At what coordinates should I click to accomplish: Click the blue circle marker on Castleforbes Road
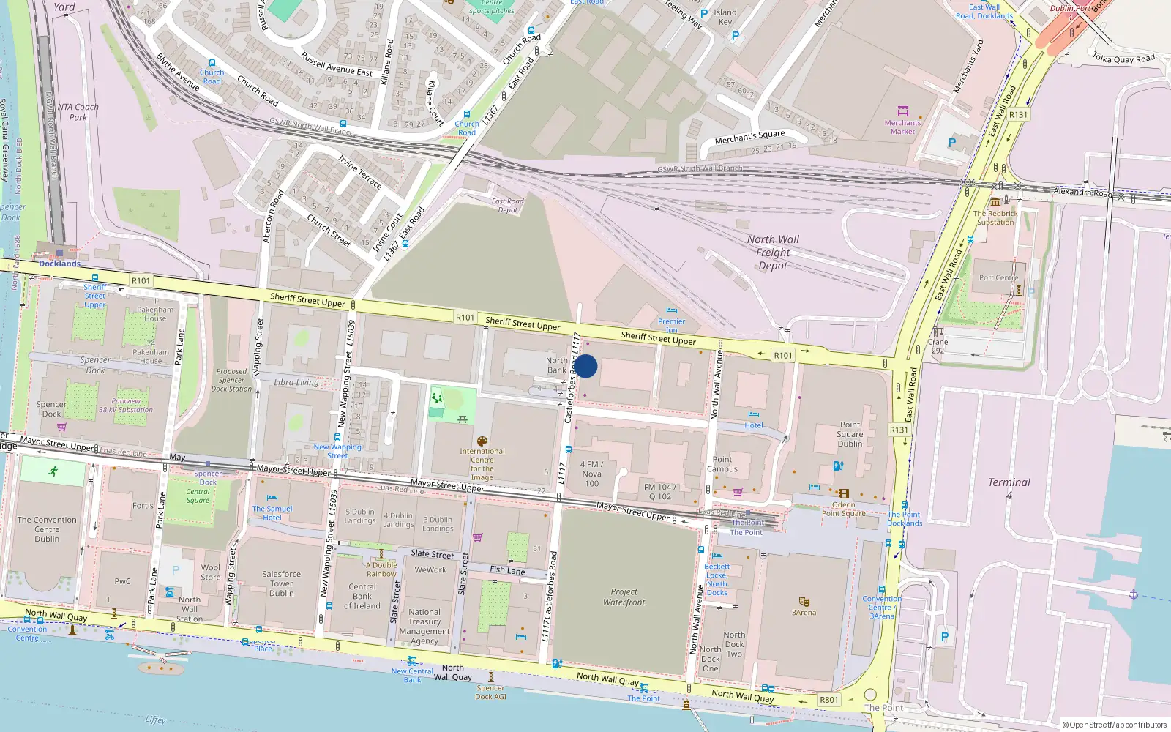point(585,366)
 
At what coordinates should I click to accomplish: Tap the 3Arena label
point(804,613)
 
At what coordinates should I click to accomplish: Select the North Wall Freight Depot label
point(773,253)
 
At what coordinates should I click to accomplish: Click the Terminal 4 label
point(1009,488)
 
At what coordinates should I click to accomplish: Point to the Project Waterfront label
point(624,597)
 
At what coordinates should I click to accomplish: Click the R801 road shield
point(829,700)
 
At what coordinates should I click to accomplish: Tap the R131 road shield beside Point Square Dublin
point(899,430)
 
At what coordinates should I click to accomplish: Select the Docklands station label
point(59,264)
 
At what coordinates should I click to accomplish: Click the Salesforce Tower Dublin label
point(281,583)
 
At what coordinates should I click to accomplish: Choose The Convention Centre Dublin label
point(47,529)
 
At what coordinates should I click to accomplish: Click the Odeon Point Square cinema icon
point(843,493)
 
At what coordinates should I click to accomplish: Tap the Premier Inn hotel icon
point(671,311)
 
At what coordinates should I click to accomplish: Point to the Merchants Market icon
point(902,112)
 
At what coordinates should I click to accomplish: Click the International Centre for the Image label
point(482,464)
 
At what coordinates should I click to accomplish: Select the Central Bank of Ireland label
point(362,596)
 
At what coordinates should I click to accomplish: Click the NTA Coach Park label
point(78,112)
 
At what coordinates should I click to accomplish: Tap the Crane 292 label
point(938,346)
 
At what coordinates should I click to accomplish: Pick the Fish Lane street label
point(507,569)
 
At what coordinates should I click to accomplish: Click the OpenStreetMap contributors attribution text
point(1115,725)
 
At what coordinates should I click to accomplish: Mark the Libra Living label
point(296,382)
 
